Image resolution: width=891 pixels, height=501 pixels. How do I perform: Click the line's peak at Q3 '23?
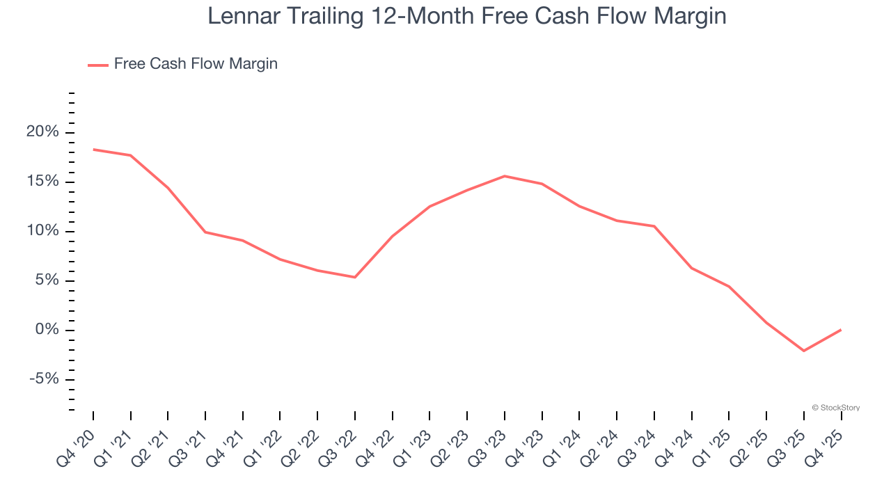pos(505,176)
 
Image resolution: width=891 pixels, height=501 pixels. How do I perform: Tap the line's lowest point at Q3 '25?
pos(804,351)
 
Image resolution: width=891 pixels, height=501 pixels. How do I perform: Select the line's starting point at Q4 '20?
pos(93,149)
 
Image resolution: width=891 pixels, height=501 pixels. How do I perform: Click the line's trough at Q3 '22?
pos(355,277)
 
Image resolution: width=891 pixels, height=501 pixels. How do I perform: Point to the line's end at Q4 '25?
pos(841,330)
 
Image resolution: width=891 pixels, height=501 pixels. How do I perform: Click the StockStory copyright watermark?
pos(835,408)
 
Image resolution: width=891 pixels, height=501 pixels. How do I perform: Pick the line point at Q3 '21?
pos(205,232)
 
